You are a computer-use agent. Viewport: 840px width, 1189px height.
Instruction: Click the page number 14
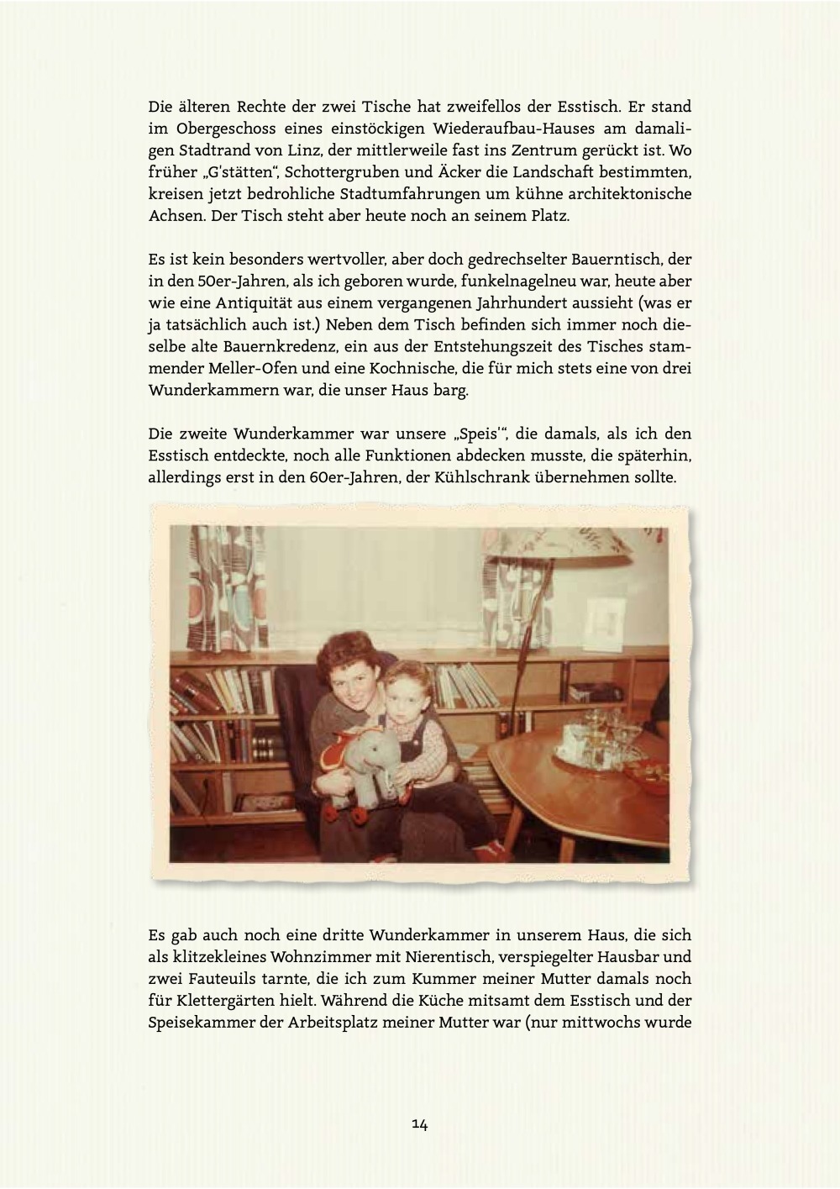[x=420, y=1124]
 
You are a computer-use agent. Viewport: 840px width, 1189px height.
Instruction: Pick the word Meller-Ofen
[x=228, y=369]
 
